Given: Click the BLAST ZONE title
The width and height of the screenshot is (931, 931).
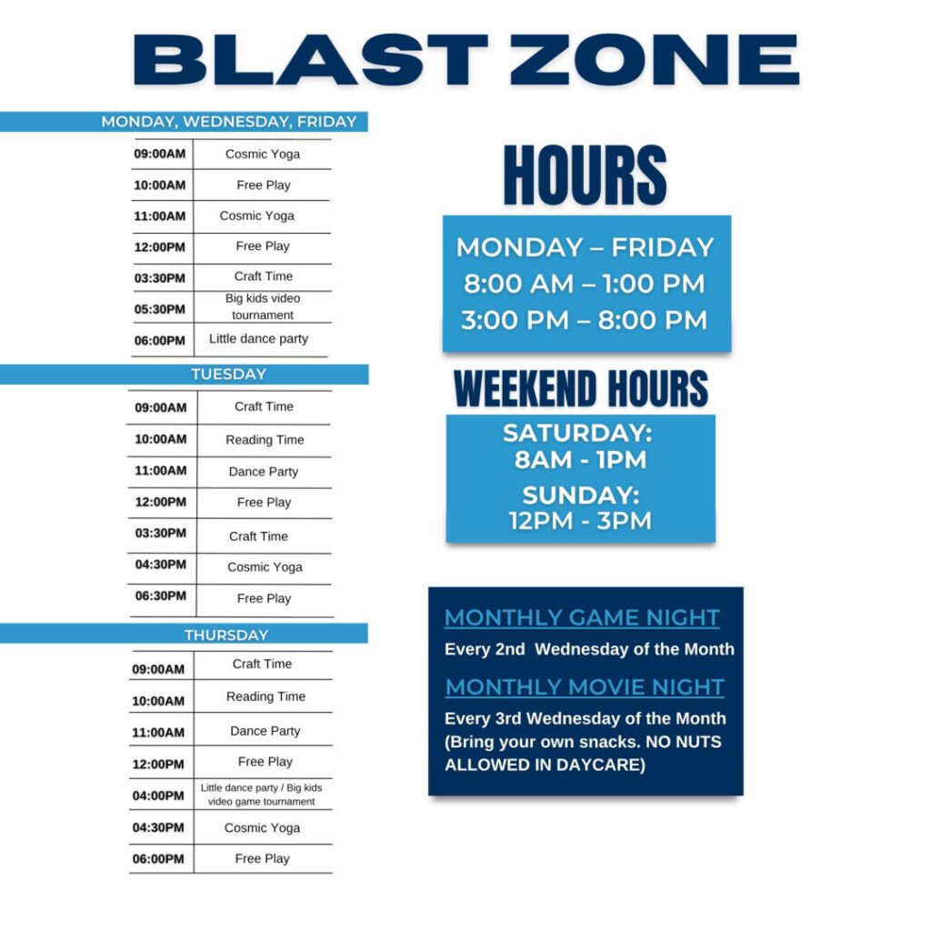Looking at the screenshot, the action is click(x=466, y=59).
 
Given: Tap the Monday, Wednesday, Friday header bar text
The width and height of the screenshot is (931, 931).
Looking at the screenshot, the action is click(x=228, y=122).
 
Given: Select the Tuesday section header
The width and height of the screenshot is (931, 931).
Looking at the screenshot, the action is click(x=228, y=374).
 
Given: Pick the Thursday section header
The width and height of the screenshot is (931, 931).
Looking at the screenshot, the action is click(x=226, y=635).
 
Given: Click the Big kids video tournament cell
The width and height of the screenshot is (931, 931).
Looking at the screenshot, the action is click(x=263, y=306).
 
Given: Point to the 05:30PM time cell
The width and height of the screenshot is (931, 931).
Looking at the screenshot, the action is click(x=159, y=309).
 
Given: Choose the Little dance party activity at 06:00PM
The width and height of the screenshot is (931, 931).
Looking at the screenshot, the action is click(x=258, y=338).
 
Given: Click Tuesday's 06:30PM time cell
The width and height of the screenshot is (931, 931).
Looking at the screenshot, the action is click(x=160, y=596).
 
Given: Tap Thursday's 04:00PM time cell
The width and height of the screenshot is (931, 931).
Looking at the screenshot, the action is click(x=158, y=795).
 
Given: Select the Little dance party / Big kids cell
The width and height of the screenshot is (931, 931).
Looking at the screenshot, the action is click(x=261, y=795).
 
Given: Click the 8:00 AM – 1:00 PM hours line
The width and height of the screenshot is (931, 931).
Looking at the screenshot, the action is click(x=585, y=284).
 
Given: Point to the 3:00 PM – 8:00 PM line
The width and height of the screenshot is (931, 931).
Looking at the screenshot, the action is click(x=585, y=320).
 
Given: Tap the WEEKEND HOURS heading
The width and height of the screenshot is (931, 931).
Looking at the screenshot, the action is click(x=581, y=388).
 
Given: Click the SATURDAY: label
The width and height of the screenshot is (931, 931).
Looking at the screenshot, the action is click(x=577, y=433).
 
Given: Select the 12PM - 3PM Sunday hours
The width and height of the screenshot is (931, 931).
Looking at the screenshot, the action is click(x=580, y=521).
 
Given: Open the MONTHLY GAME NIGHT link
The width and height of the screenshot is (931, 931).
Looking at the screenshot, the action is click(x=582, y=617).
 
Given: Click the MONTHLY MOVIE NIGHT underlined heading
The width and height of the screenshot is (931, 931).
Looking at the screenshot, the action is click(x=585, y=687).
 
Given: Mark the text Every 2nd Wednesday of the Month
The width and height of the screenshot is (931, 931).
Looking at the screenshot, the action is click(x=589, y=649).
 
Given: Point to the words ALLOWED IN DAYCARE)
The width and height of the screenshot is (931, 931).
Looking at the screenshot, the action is click(x=545, y=765).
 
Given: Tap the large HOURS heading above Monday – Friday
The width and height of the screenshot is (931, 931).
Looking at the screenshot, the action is click(x=585, y=175).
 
